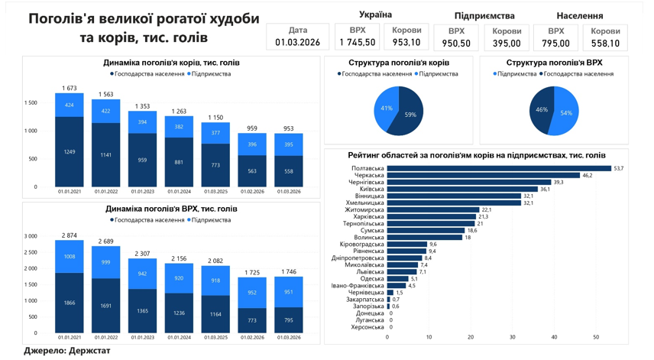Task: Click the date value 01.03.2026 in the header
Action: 298,43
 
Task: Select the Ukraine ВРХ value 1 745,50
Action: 357,43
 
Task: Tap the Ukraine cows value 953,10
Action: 406,43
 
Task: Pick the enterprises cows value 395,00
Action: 507,44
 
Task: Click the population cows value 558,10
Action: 605,44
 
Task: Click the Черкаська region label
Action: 367,175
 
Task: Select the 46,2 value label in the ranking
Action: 588,175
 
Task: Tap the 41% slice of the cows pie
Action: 387,109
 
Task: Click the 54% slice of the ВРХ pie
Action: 566,112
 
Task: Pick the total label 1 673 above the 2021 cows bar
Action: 70,89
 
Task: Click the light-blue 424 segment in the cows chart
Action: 70,105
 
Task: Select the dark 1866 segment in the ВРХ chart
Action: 70,303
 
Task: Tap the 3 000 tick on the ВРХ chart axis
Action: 31,236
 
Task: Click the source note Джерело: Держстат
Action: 67,351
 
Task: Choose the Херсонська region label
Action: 367,327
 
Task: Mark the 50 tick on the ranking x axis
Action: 596,337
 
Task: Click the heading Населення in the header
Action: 580,15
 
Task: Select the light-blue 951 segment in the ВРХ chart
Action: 289,292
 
